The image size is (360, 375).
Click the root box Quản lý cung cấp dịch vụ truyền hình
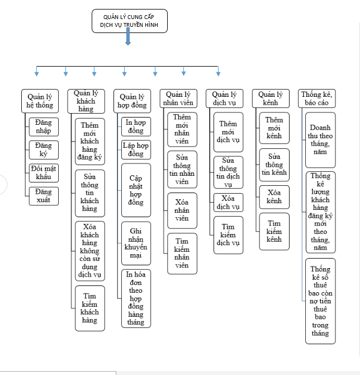(x=129, y=21)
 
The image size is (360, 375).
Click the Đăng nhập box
(x=43, y=127)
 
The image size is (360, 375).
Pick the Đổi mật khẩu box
(x=43, y=173)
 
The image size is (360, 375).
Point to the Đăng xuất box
(x=43, y=196)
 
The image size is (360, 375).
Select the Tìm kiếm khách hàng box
(x=89, y=307)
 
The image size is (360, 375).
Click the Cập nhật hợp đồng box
(x=136, y=190)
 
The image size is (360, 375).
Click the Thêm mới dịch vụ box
(x=228, y=132)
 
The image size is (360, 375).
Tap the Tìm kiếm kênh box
(x=274, y=231)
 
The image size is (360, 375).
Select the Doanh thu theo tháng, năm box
(x=320, y=139)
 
